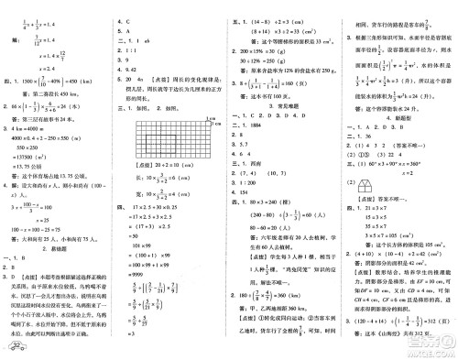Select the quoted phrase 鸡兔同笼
271,292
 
